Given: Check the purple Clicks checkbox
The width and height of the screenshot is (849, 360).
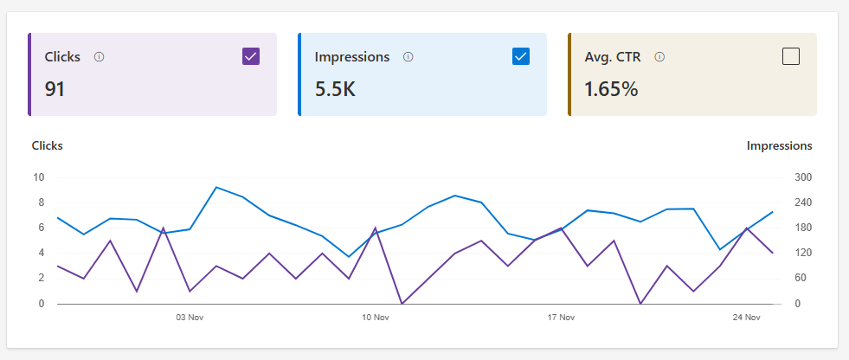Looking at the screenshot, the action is click(251, 56).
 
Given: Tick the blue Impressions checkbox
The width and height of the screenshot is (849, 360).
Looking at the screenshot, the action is click(521, 56).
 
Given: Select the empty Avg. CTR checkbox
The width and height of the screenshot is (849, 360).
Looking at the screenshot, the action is click(791, 56).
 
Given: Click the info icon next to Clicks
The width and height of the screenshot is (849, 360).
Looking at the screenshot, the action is click(99, 57).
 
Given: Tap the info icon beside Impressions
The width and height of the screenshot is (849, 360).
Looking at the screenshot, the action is click(408, 57).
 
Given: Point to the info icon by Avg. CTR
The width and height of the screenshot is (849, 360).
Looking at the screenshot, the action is click(659, 57).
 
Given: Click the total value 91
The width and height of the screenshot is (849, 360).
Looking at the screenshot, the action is click(55, 89).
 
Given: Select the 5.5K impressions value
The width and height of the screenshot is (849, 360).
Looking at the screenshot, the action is click(335, 89).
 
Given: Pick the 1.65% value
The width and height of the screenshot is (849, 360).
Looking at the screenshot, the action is click(611, 89).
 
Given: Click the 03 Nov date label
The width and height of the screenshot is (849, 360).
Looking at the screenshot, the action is click(189, 318).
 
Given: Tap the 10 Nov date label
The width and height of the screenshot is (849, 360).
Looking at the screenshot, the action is click(376, 318).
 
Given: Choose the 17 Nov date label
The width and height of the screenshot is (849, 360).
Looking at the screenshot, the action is click(561, 318).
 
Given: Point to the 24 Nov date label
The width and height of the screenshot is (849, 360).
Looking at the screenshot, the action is click(747, 318).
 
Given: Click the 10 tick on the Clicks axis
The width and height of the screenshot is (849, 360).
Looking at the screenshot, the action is click(38, 177).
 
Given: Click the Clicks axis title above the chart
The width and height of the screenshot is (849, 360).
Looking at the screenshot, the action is click(47, 145).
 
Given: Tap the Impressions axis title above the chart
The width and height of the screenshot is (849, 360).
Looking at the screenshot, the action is click(779, 145).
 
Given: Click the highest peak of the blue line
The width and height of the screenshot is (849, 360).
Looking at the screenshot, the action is click(216, 187).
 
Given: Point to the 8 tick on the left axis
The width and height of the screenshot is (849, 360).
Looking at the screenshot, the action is click(42, 202).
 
